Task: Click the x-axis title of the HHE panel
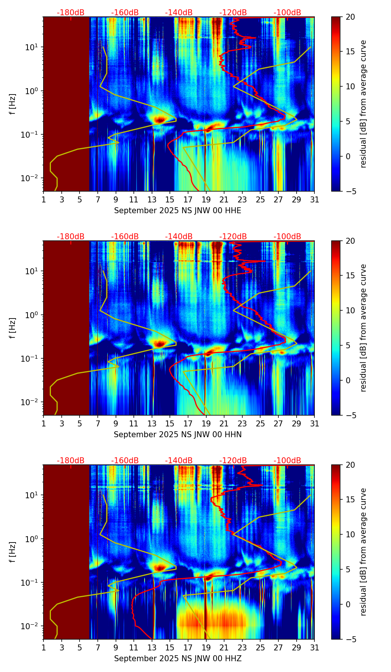click(x=178, y=211)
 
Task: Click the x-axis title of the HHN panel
click(x=178, y=435)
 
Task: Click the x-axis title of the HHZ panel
click(x=178, y=659)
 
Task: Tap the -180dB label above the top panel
click(x=71, y=13)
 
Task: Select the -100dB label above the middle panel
click(x=287, y=237)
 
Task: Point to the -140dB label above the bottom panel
click(x=179, y=461)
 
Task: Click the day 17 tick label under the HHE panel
click(x=188, y=200)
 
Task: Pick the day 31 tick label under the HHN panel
click(x=314, y=424)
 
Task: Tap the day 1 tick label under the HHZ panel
click(x=43, y=648)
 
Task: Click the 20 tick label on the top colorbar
click(x=350, y=17)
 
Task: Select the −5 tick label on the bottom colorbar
click(x=350, y=639)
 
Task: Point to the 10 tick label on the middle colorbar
click(x=350, y=310)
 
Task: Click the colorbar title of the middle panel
click(x=363, y=328)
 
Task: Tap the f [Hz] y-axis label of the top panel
click(x=13, y=104)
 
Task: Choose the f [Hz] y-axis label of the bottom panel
click(x=13, y=552)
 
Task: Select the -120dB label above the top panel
click(x=233, y=13)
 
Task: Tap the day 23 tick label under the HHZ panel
click(x=242, y=648)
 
